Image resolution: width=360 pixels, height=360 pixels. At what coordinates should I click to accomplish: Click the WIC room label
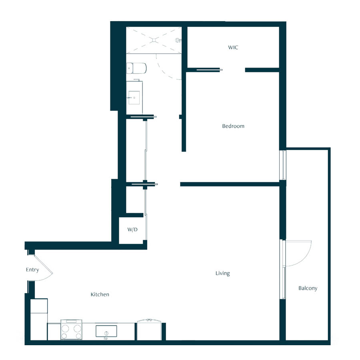[x=233, y=48]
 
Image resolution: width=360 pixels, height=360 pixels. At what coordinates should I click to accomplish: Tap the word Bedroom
[x=233, y=126]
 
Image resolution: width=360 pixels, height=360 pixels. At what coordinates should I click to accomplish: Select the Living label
[x=222, y=273]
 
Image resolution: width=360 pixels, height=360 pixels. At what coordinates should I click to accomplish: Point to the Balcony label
[x=308, y=288]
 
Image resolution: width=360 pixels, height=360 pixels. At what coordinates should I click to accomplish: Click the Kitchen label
[x=100, y=294]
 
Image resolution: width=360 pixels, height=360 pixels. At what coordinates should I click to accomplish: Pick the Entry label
[x=32, y=270]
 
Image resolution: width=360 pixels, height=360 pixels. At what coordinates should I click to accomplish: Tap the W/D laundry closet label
[x=132, y=230]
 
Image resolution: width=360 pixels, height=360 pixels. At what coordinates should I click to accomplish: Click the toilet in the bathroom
[x=136, y=68]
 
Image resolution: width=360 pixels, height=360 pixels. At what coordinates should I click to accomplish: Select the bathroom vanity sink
[x=134, y=98]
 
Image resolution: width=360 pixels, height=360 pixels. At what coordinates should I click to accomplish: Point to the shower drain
[x=154, y=40]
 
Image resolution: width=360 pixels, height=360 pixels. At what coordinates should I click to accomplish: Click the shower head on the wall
[x=178, y=40]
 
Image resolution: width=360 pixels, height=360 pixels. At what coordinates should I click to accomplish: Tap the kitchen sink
[x=106, y=331]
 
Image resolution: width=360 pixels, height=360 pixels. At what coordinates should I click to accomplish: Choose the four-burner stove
[x=71, y=330]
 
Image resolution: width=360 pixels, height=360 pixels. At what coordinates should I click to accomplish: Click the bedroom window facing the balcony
[x=284, y=165]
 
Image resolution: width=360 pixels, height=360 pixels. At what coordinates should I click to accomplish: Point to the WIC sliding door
[x=209, y=70]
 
